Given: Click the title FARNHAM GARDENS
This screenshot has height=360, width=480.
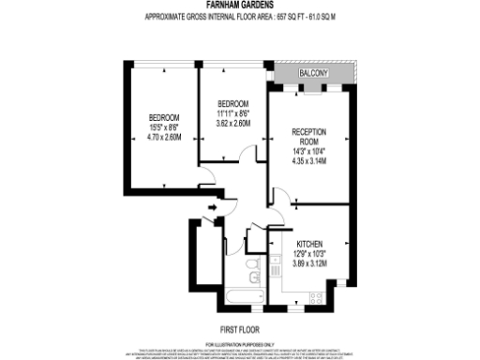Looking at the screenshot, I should tap(240, 5).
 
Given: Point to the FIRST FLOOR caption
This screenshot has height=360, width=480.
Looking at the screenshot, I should tap(240, 329).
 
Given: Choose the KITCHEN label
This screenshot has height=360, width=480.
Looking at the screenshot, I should tap(310, 240).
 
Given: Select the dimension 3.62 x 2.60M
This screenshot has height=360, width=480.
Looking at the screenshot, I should tap(233, 123).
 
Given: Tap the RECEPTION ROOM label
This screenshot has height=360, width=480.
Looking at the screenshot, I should tap(309, 137).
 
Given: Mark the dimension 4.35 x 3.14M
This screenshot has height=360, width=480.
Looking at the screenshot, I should tap(309, 160).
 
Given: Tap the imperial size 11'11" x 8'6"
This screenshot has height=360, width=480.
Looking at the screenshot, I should tap(233, 113).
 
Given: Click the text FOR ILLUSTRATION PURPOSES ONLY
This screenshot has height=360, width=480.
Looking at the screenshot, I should tap(240, 343).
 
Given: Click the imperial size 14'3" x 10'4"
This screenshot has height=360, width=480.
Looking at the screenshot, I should tap(309, 151).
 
